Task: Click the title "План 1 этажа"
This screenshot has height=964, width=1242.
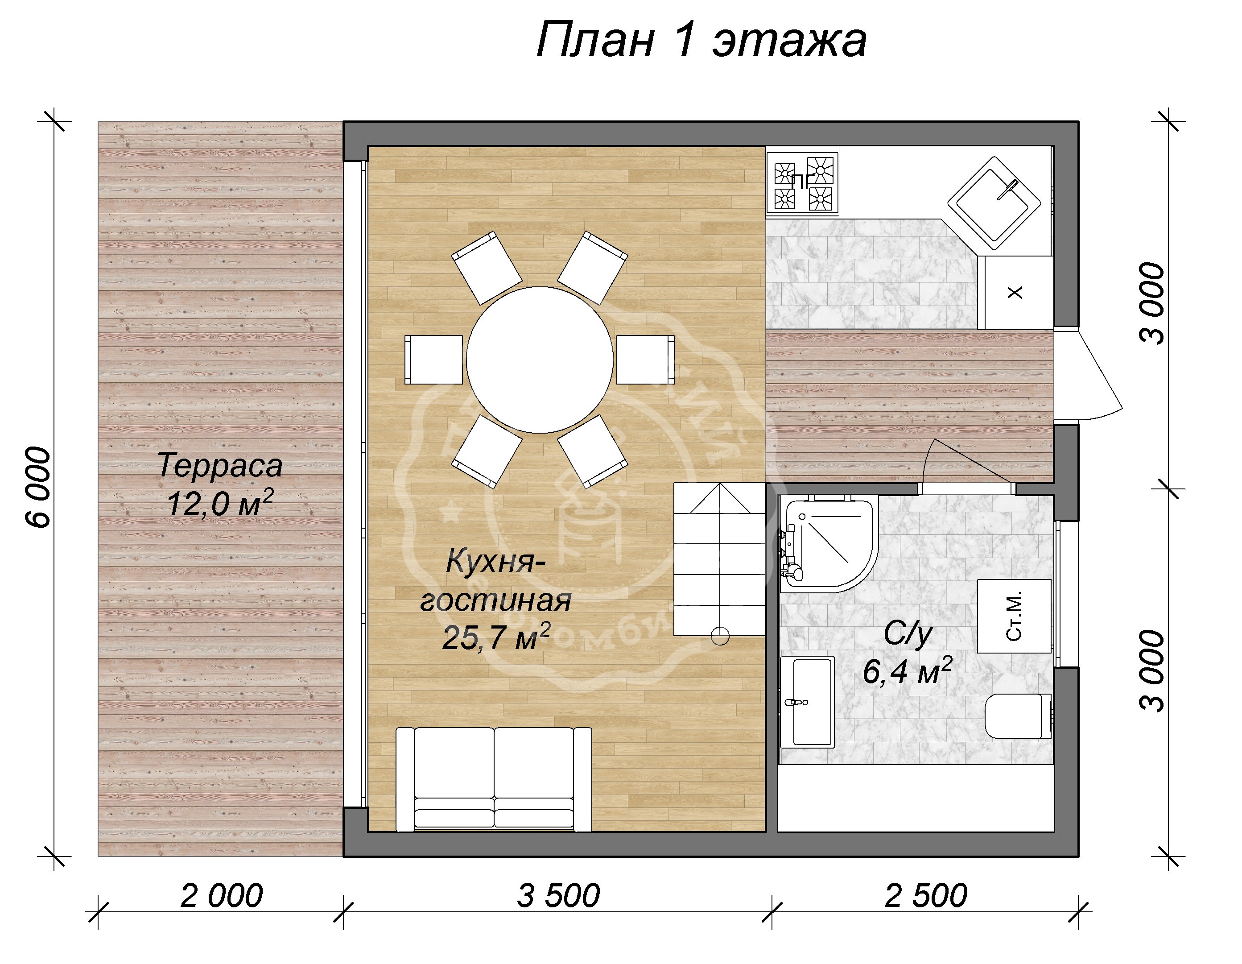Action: (x=701, y=41)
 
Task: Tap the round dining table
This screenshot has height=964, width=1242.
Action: (x=540, y=360)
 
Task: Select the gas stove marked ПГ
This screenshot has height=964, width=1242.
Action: (x=802, y=182)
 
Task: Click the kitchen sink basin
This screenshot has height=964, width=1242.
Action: (x=994, y=203)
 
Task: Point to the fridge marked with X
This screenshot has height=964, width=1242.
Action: (x=1015, y=292)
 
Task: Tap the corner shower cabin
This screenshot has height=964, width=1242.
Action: (x=825, y=540)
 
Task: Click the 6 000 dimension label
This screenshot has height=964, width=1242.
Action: (x=40, y=488)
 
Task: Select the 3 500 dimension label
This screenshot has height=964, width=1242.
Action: (x=558, y=896)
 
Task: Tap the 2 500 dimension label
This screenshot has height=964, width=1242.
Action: (x=925, y=896)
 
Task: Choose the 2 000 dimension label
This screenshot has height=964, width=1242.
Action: (x=221, y=896)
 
